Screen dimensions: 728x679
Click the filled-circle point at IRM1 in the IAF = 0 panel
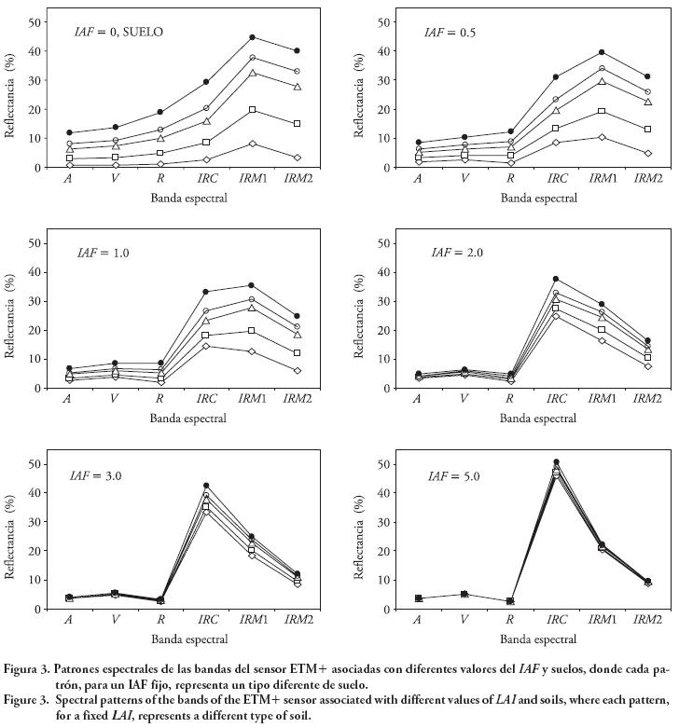(x=252, y=37)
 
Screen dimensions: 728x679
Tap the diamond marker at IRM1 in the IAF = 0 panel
(x=252, y=144)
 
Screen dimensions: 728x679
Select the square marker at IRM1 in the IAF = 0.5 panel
(x=602, y=111)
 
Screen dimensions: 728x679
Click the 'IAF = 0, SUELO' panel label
(x=118, y=31)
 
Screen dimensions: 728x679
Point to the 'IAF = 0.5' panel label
(x=450, y=32)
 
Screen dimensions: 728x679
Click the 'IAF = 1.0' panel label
(x=104, y=253)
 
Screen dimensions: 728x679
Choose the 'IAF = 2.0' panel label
(x=458, y=253)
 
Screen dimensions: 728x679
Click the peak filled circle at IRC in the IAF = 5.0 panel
(x=557, y=462)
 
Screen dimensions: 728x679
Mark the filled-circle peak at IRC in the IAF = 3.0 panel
(x=206, y=486)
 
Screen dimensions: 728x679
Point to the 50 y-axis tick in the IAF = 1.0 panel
(x=36, y=242)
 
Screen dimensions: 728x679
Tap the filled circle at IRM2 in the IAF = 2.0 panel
(x=646, y=341)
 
